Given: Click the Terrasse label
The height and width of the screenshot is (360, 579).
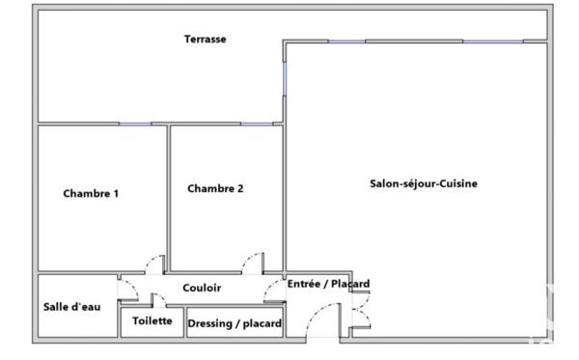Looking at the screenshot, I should [x=206, y=40].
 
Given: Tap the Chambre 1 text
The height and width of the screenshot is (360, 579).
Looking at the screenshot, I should [x=91, y=193].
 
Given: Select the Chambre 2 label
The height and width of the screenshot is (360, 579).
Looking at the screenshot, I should [x=215, y=189].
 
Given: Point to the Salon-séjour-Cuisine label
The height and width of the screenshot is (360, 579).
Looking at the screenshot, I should [x=425, y=183].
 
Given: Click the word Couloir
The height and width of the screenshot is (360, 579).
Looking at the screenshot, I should [x=202, y=288].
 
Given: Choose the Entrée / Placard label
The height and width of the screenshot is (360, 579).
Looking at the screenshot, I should [x=328, y=284].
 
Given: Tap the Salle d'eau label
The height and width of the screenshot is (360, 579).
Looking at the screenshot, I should [x=71, y=307].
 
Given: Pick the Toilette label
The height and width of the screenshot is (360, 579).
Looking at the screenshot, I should [x=152, y=320].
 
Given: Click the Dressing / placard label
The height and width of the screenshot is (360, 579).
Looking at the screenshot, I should [x=234, y=324].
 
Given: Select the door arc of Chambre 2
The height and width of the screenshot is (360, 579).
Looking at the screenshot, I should [x=253, y=263].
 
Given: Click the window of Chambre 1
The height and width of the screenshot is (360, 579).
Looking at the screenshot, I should [x=135, y=124].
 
